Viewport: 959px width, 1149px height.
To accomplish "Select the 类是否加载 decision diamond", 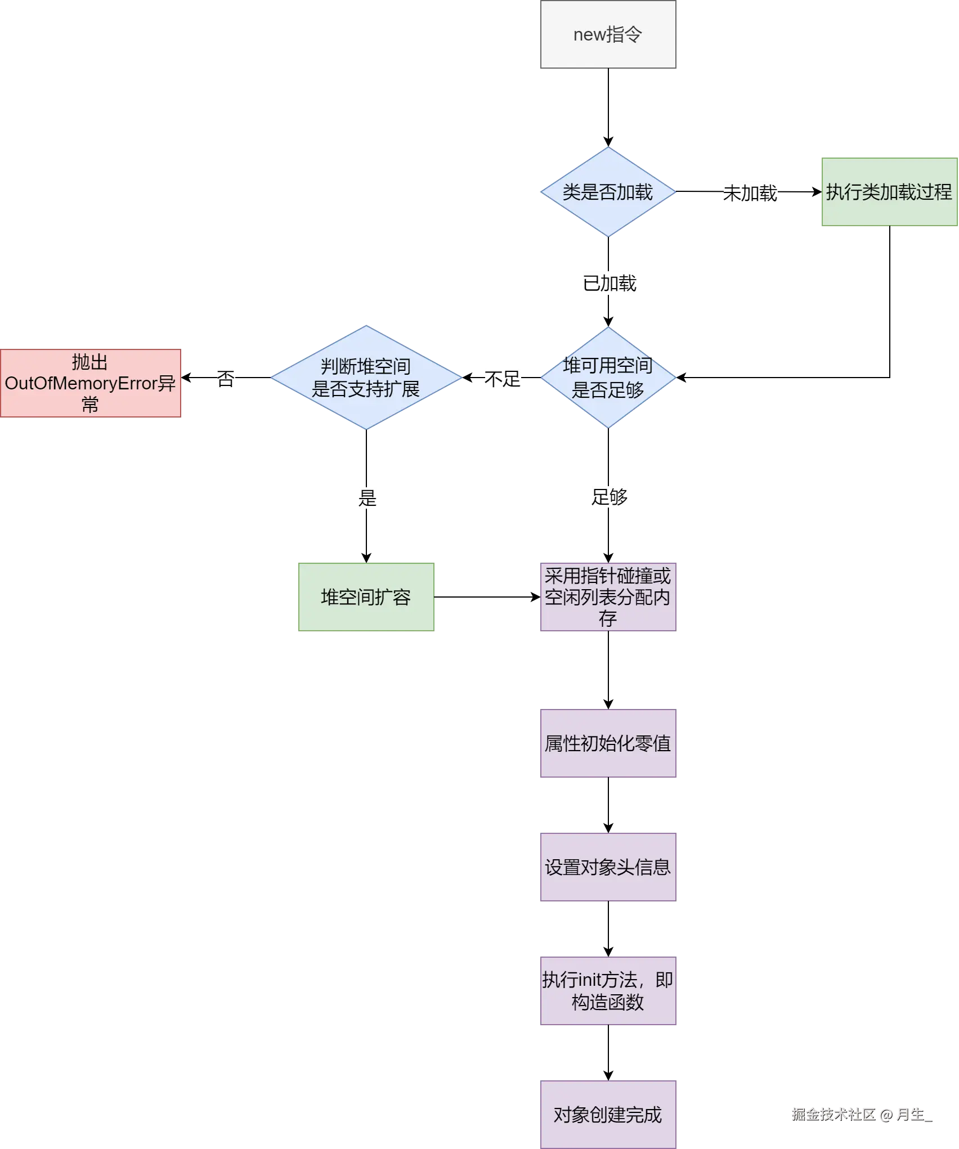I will point(608,192).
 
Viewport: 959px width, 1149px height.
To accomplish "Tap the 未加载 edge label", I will point(749,194).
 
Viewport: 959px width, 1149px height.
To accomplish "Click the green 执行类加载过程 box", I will point(889,192).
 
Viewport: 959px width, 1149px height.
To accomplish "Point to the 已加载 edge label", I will point(610,283).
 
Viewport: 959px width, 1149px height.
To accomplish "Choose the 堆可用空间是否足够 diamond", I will point(608,378).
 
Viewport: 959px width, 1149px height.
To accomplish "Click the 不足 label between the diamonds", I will point(502,378).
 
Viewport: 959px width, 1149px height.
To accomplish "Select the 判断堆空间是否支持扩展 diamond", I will point(366,378).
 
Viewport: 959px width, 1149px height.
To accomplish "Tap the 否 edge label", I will point(227,378).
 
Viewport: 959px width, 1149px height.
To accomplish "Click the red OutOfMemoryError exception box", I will point(91,383).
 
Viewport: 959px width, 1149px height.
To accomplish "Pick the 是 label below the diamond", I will point(367,497).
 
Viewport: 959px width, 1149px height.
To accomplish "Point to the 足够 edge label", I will point(610,497).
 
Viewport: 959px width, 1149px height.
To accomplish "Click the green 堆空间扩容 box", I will point(366,598).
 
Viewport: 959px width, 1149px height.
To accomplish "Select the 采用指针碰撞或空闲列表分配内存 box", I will point(609,598).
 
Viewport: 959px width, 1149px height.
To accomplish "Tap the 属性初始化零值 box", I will point(609,743).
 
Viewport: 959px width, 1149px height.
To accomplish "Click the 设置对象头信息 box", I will point(609,867).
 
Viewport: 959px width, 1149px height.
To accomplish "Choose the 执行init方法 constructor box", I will point(609,991).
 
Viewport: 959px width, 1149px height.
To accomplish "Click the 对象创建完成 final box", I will point(609,1115).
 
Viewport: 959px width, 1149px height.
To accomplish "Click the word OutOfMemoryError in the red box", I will point(80,384).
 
